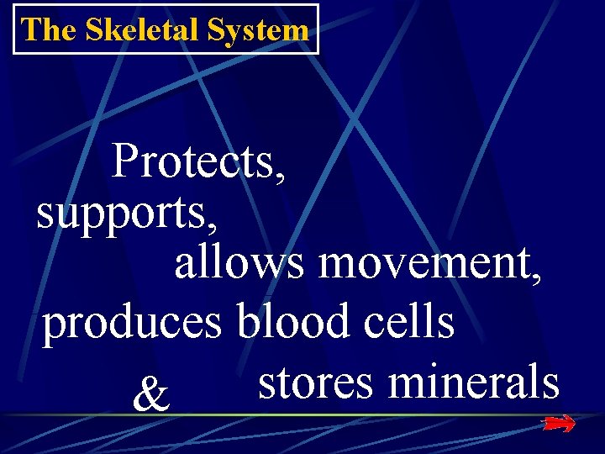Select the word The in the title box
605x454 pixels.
(48, 30)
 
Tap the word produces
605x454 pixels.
(133, 325)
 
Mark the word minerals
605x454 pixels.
(474, 382)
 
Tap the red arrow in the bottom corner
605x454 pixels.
(559, 425)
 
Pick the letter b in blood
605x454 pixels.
(248, 321)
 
